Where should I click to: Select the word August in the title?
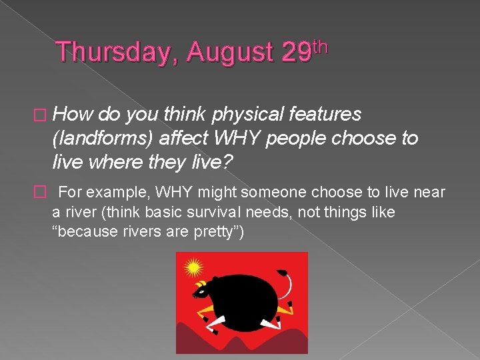coord(230,53)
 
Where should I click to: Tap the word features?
coord(325,115)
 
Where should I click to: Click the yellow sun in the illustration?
coord(193,268)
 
